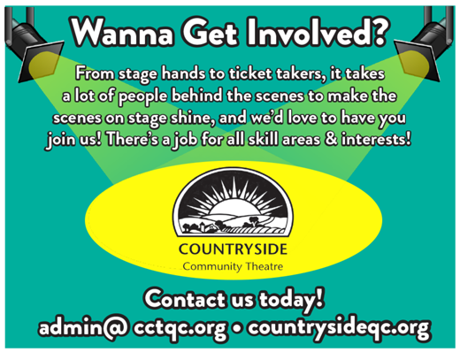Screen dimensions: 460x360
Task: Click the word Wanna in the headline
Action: [122, 32]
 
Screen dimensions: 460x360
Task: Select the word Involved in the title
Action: [303, 31]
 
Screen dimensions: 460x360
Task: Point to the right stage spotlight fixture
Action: [425, 44]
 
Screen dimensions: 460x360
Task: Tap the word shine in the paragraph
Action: [192, 118]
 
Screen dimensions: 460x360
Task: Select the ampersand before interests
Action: [331, 139]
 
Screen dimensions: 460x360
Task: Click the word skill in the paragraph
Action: [263, 139]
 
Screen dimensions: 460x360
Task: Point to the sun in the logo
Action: [234, 207]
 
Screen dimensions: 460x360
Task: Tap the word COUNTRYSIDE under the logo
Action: [233, 249]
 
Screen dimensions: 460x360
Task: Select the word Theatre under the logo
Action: [264, 266]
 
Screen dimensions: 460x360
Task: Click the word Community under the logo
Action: [212, 267]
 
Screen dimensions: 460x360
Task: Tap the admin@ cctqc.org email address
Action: [133, 327]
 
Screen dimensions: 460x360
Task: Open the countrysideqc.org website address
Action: [339, 328]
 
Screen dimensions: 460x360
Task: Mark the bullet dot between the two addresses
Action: [237, 328]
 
